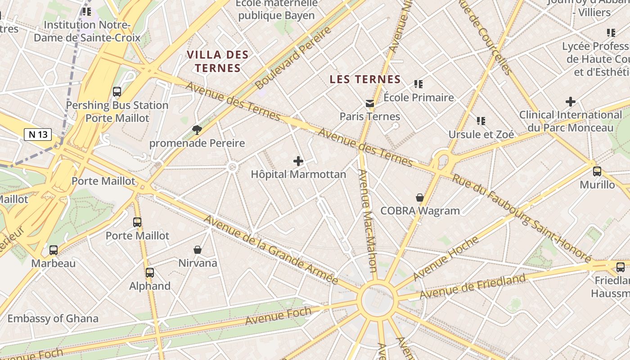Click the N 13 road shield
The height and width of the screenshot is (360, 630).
pos(38,134)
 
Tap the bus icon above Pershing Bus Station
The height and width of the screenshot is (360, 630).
pos(117,92)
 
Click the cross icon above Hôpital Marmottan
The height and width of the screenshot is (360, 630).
pos(298,161)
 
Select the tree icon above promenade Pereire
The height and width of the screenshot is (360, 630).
pos(197,130)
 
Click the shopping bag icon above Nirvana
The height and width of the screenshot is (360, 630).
pos(197,250)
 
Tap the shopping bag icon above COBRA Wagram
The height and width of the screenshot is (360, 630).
pos(420,198)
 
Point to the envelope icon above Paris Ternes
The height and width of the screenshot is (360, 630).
pos(370,103)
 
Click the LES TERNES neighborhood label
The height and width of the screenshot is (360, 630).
pos(365,80)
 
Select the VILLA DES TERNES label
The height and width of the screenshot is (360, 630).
pos(217,61)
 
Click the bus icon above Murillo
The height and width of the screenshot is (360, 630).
pos(597,171)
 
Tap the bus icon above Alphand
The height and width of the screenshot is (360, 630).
pos(150,273)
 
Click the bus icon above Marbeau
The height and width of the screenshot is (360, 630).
pos(54,250)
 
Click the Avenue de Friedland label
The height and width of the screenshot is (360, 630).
pos(472,286)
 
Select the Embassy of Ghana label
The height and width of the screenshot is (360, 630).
pos(53,319)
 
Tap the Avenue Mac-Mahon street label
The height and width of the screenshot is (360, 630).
pos(367,220)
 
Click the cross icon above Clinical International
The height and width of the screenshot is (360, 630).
pos(571,102)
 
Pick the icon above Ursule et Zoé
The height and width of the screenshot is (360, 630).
pos(481,121)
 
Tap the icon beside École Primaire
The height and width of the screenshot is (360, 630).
pos(418,84)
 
